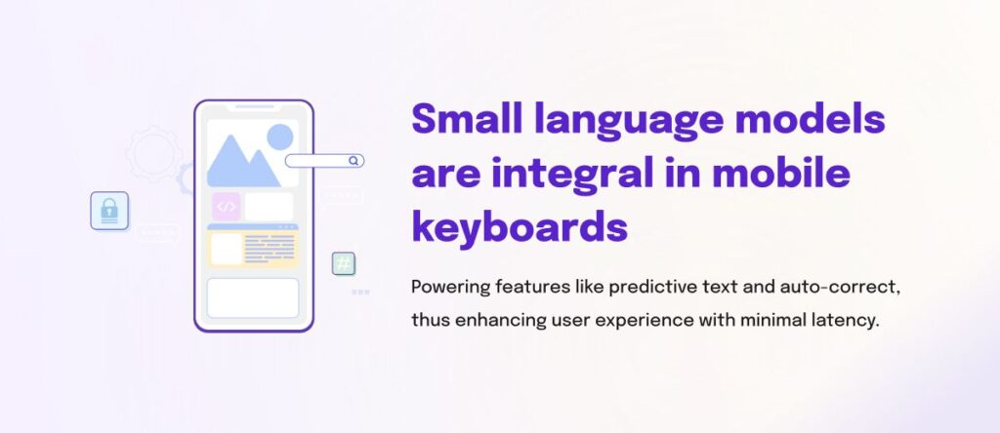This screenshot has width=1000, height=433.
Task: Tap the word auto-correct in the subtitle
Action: [x=840, y=288]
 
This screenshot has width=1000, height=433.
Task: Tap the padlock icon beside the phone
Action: [x=109, y=210]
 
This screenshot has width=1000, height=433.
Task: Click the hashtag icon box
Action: [x=344, y=263]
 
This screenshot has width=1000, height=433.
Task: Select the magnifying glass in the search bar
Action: [x=354, y=161]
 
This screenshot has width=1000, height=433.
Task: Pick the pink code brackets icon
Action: [x=227, y=207]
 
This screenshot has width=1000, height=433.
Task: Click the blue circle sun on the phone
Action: [x=280, y=137]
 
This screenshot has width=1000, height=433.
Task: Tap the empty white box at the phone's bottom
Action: [x=253, y=298]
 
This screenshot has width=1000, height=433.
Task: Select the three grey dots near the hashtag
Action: [x=361, y=293]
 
